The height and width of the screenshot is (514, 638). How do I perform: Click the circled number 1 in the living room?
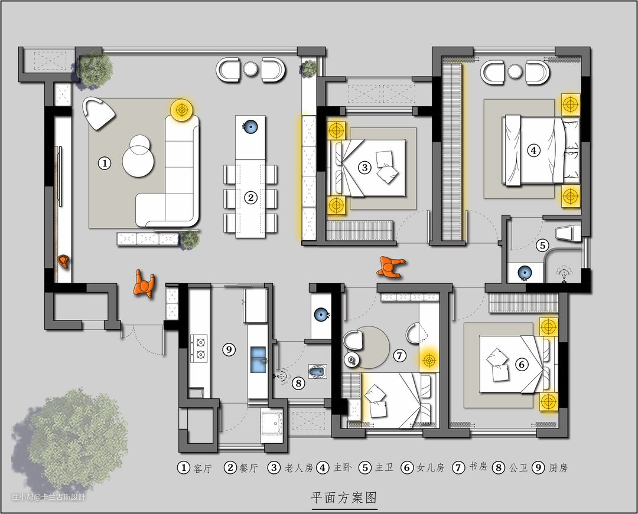105,163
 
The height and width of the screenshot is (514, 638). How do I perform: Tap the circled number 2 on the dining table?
250,198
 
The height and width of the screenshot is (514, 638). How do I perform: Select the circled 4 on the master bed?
533,150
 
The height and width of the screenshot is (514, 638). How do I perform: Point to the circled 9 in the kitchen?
229,349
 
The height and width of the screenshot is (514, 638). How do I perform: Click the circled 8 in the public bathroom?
299,383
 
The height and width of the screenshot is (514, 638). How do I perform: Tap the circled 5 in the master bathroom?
542,245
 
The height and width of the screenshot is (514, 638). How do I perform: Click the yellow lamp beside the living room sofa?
181,110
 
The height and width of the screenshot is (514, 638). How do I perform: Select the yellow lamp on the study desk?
428,360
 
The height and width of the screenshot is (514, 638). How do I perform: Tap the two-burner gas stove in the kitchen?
199,349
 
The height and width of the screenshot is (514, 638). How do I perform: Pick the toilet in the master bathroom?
568,233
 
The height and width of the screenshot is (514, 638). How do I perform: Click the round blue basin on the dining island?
249,127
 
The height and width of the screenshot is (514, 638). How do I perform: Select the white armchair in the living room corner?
98,113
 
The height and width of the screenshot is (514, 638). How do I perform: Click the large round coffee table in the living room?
138,162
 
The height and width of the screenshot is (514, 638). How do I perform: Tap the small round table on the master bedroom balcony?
515,72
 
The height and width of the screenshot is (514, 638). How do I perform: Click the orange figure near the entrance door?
144,284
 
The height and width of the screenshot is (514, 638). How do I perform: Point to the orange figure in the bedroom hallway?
390,267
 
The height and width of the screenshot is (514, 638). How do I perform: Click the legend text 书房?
478,466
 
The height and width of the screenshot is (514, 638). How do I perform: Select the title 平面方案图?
344,497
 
